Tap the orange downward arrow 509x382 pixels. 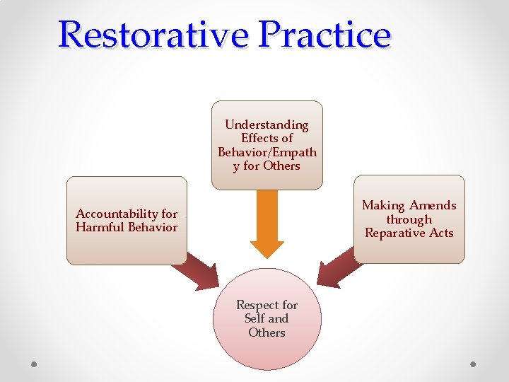[x=267, y=223]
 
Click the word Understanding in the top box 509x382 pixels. [x=267, y=125]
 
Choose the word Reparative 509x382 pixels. [x=394, y=233]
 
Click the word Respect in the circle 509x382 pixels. [x=257, y=305]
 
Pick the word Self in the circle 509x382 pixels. [x=255, y=318]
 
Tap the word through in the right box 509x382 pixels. [x=409, y=219]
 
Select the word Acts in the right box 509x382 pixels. [x=440, y=233]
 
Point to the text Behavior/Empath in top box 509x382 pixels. [x=267, y=152]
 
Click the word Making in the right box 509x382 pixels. [x=382, y=205]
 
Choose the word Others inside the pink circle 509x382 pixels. [x=267, y=332]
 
